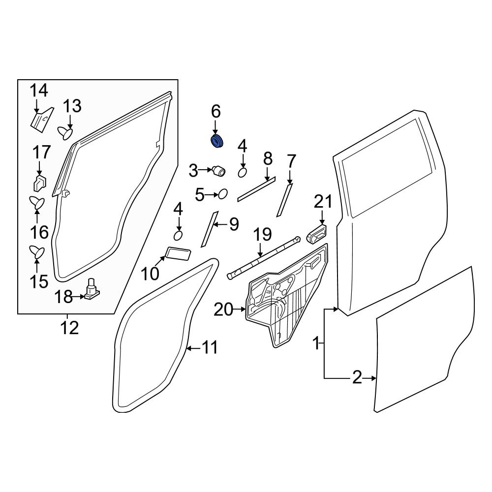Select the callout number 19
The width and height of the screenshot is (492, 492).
click(263, 235)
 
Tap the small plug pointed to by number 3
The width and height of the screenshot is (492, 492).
click(218, 171)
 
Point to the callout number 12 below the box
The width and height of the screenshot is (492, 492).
click(69, 327)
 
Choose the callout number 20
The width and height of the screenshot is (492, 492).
click(224, 309)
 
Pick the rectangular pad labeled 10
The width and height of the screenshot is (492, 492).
click(178, 253)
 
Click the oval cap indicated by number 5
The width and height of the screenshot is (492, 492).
click(222, 195)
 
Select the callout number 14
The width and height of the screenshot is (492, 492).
click(39, 91)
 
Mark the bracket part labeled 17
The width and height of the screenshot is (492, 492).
click(39, 182)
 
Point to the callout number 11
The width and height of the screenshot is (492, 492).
click(209, 348)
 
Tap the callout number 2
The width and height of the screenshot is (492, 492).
click(357, 378)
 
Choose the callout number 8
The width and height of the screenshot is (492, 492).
click(268, 158)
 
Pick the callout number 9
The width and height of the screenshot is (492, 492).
click(234, 225)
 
